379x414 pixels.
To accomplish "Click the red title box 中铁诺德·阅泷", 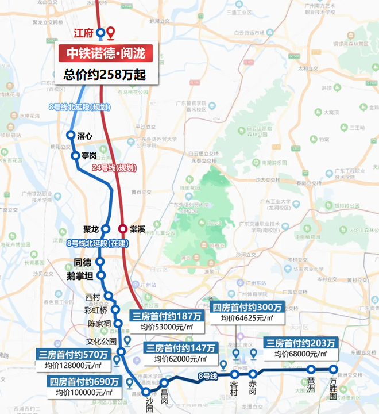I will click(105, 53).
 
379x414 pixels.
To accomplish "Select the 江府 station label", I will click(83, 33).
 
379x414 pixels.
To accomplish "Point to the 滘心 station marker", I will click(71, 136).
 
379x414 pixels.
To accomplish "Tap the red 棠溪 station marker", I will click(123, 228).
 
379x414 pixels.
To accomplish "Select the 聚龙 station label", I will click(91, 229).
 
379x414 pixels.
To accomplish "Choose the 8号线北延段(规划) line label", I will click(80, 107).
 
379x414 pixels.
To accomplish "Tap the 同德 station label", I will click(83, 262).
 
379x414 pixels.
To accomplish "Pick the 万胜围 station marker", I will click(333, 370).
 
